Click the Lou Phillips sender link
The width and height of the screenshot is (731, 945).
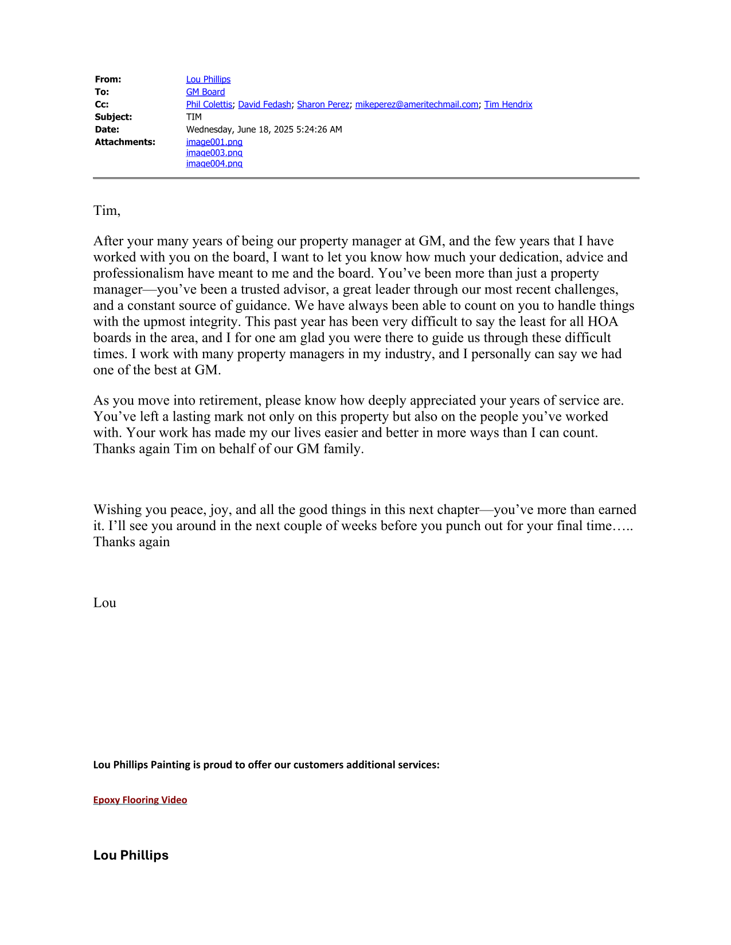(208, 80)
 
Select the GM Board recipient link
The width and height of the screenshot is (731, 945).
(205, 92)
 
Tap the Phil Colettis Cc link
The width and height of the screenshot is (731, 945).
(209, 105)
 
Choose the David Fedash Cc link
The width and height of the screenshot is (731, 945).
(264, 105)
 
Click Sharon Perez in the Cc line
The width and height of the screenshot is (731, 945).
(323, 105)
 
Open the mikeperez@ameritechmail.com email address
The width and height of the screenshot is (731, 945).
(416, 105)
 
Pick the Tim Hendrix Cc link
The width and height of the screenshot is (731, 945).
(508, 105)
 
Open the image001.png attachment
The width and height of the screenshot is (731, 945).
(214, 142)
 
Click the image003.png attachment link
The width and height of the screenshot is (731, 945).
(214, 153)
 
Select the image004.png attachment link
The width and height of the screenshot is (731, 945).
(214, 164)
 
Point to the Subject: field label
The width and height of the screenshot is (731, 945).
(114, 117)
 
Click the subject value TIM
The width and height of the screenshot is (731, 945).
(194, 117)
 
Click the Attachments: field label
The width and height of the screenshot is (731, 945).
(125, 142)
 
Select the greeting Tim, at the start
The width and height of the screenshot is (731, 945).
(107, 211)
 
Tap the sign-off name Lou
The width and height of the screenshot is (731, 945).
(105, 603)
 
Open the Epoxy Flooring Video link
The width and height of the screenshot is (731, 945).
(140, 800)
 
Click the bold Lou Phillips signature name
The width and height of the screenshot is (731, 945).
(131, 855)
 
